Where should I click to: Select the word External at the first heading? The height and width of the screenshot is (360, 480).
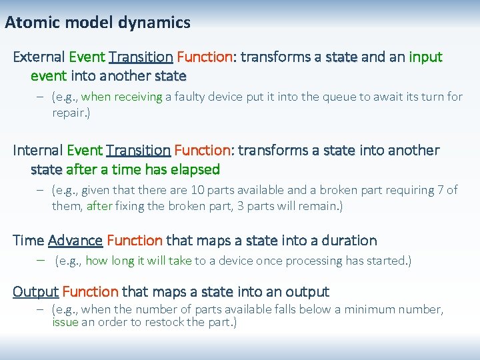click(x=39, y=57)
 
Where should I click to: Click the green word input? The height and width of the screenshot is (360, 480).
click(x=425, y=57)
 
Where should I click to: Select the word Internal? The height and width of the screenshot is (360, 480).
click(x=37, y=151)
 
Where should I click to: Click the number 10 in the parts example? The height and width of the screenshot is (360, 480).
click(x=198, y=191)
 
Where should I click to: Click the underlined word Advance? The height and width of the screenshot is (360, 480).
click(x=75, y=240)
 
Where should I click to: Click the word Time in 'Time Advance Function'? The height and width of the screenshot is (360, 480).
click(x=28, y=240)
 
